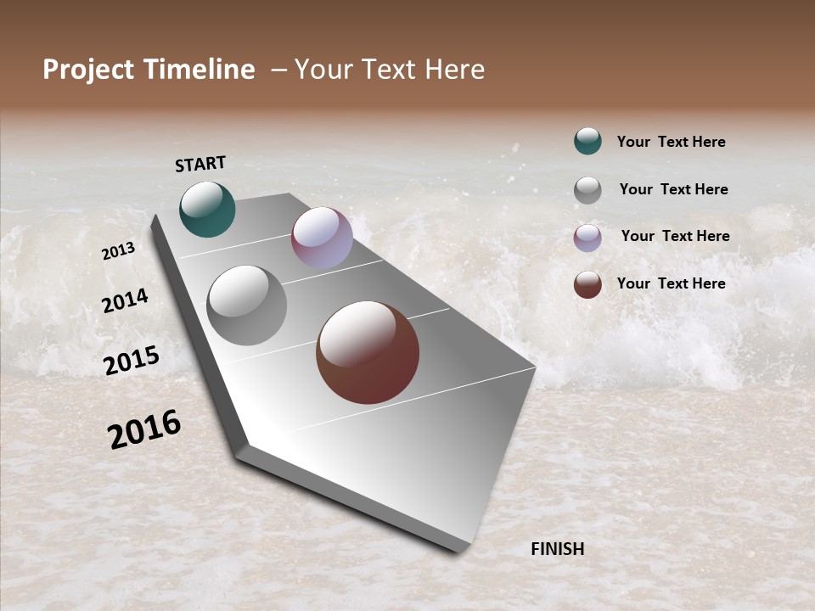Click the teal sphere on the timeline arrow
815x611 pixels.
(207, 210)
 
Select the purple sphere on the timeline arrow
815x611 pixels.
(322, 238)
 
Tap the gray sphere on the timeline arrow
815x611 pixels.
(247, 305)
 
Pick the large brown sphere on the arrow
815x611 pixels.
(368, 352)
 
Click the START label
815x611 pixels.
(200, 164)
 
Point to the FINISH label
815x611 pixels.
(558, 549)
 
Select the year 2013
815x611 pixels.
(118, 251)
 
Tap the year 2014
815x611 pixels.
(125, 300)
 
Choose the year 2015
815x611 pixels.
(132, 361)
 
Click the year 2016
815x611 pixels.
(144, 429)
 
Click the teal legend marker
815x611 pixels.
(587, 141)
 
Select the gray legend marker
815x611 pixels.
(587, 190)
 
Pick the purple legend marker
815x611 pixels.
(587, 238)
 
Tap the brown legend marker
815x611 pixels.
(587, 284)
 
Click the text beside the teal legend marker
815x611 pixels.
(671, 143)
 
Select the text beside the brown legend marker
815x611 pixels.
(671, 283)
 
